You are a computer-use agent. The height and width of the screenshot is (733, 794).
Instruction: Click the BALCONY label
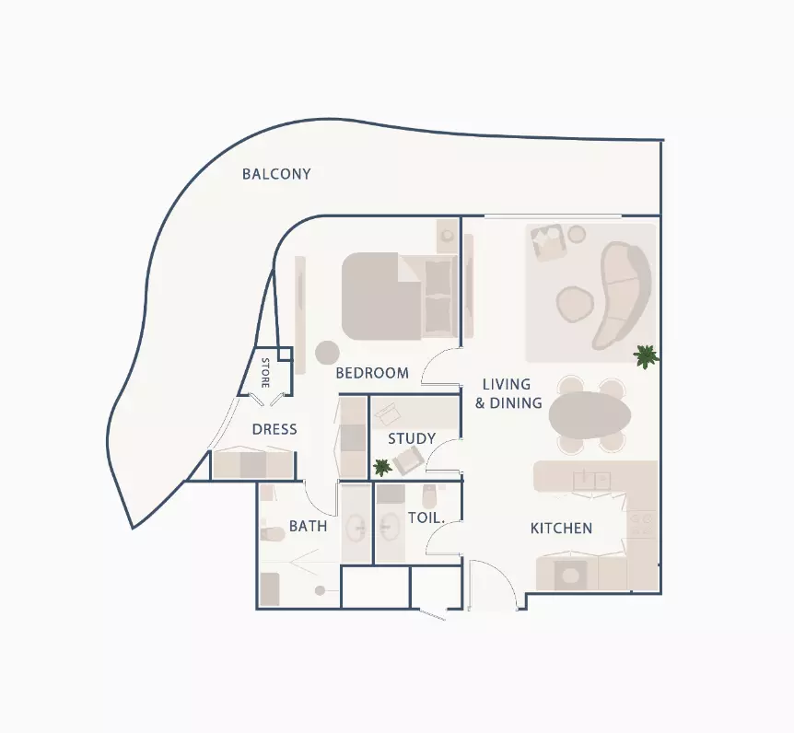click(276, 174)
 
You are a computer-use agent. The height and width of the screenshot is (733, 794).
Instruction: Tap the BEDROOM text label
click(372, 373)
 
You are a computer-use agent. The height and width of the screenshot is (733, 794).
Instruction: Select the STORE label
click(265, 372)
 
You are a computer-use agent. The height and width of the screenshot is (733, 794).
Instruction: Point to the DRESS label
click(274, 429)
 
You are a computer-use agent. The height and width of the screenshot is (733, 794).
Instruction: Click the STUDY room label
click(412, 438)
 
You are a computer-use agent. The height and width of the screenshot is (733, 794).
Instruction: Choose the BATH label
click(308, 526)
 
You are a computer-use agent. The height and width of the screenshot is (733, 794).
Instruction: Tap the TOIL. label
click(426, 518)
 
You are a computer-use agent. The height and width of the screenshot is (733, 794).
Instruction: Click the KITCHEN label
click(561, 529)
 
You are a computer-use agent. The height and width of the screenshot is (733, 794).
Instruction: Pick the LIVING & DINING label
click(508, 393)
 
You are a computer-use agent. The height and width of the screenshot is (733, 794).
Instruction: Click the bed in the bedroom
click(399, 297)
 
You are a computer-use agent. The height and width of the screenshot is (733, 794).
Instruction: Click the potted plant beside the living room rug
click(646, 356)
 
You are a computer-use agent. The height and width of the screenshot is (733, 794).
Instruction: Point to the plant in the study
click(382, 467)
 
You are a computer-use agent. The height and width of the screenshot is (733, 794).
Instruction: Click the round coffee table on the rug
click(575, 304)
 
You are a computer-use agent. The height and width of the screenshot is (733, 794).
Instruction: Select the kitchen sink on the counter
click(591, 481)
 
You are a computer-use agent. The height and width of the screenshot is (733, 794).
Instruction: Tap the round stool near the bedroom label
click(327, 353)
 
